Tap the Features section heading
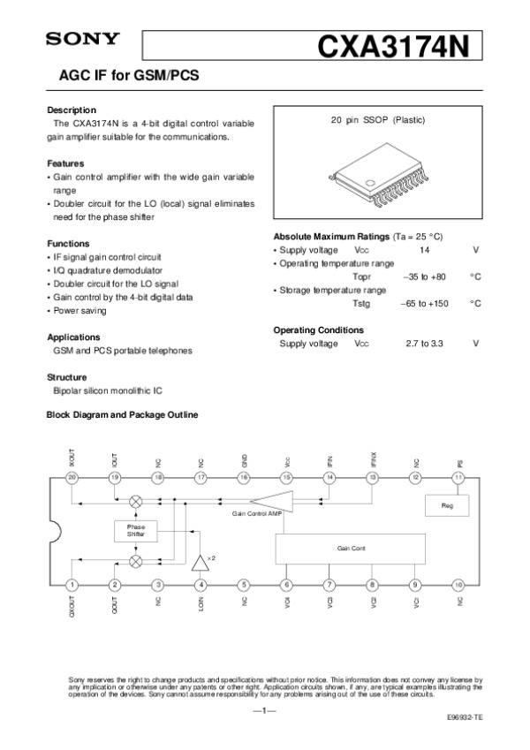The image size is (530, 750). coord(65,163)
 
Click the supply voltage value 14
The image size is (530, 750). coord(424,251)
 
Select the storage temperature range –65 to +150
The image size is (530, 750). coord(425,303)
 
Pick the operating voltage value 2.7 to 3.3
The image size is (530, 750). coord(424,343)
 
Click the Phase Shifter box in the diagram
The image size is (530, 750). coord(135,530)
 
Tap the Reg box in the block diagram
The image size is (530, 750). coord(445,504)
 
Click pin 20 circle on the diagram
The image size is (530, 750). coord(72,478)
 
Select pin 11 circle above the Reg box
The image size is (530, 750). coord(458,478)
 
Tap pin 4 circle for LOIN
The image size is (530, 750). coord(201,585)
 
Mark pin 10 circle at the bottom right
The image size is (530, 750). coord(458,585)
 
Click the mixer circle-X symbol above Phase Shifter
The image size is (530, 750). coord(136,500)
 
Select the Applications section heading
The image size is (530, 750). coord(72,337)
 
